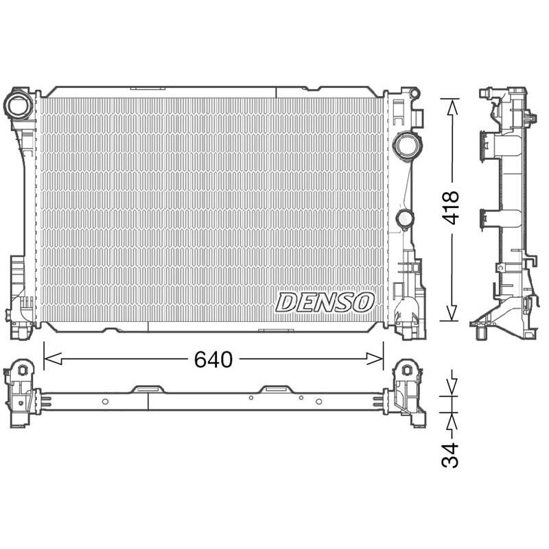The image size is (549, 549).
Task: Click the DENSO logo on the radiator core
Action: pos(325,301)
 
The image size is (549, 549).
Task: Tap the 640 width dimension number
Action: pos(213,359)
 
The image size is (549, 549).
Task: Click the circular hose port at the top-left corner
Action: pos(16,105)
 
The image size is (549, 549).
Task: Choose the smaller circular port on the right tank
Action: pos(405,219)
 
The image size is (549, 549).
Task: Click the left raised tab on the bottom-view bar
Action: pos(150,389)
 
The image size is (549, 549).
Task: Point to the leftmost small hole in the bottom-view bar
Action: pos(104,401)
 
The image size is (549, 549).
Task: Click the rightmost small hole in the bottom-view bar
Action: pos(318,401)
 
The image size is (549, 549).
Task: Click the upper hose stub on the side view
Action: pos(488,145)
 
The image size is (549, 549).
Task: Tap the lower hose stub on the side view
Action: pos(488,218)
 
